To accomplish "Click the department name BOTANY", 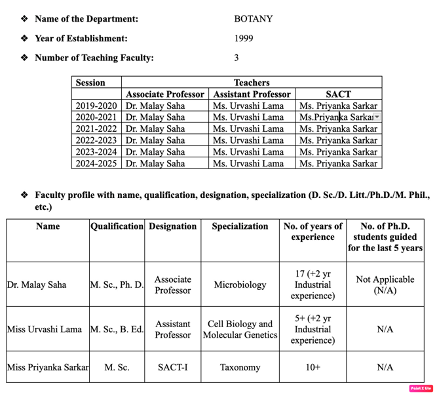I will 253,19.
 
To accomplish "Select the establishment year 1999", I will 243,39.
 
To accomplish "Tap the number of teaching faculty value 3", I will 237,58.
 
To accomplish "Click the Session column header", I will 90,83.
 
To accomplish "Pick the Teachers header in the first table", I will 252,83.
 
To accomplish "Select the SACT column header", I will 338,94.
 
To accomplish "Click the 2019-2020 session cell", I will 96,106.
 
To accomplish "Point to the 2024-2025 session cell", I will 96,163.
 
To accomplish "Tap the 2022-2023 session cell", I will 96,140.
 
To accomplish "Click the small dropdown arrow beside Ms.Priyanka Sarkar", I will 377,117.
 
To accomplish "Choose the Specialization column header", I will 240,226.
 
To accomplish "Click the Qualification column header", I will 117,226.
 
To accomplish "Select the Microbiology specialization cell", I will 240,285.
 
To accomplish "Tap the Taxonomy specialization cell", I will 240,368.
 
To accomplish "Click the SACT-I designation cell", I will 172,368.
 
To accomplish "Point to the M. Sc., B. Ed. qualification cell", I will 117,329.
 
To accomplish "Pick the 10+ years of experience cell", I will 313,368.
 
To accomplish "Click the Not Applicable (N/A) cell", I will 385,285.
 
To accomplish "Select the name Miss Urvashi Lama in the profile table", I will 45,329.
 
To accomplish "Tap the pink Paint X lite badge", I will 419,389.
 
